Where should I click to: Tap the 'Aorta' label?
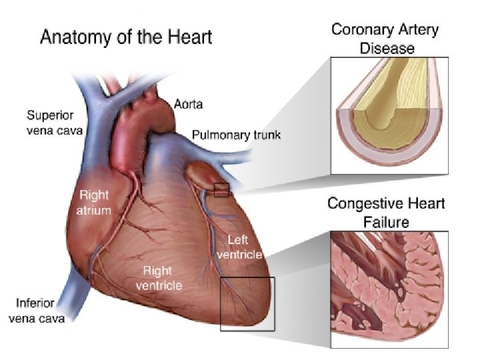pos(188,105)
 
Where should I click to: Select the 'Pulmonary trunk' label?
pos(236,135)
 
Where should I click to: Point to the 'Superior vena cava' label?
pos(55,123)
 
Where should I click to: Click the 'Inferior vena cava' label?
pos(37,311)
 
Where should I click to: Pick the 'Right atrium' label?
pos(95,203)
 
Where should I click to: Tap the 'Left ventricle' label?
pos(245,246)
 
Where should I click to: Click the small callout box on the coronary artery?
pos(221,190)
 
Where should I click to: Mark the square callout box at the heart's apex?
pos(247,303)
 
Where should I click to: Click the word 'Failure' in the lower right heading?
pos(386,221)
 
